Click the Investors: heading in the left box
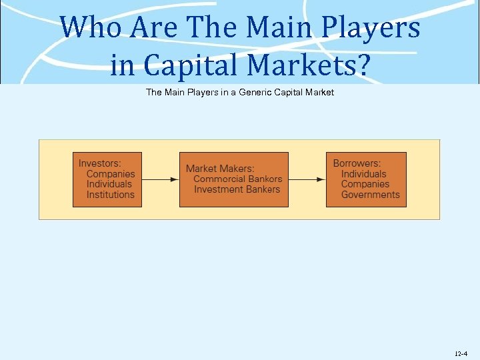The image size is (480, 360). [x=101, y=163]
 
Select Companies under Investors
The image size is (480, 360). [x=111, y=174]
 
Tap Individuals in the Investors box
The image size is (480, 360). [x=110, y=185]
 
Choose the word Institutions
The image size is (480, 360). [x=111, y=195]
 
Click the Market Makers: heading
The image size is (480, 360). [x=220, y=169]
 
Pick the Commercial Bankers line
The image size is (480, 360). [x=238, y=179]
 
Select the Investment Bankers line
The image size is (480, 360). [x=238, y=189]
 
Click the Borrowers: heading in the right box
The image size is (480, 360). [x=357, y=163]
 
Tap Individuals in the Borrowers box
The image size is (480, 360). [x=364, y=174]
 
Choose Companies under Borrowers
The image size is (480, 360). [x=365, y=184]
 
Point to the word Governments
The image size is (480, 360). [x=371, y=195]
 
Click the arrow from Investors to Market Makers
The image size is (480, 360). [x=161, y=179]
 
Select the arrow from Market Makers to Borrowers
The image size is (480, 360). [x=307, y=179]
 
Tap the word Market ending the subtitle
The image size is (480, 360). [x=319, y=92]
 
